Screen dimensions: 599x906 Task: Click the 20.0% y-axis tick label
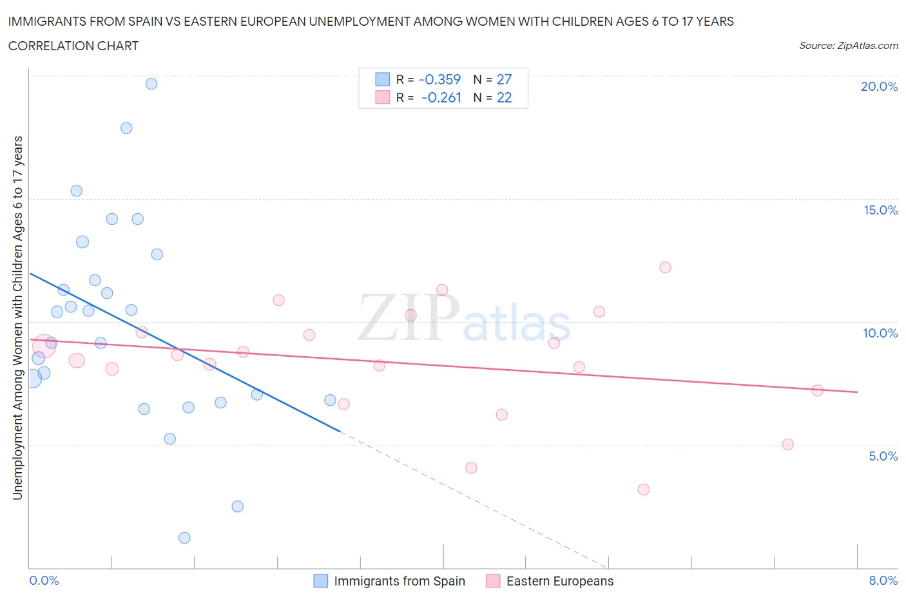(879, 86)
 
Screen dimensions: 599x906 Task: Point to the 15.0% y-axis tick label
(880, 210)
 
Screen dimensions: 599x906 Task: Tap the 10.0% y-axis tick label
(880, 333)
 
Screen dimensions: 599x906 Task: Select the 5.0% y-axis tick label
(883, 456)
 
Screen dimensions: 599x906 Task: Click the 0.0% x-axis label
(44, 580)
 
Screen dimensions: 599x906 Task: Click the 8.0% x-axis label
(883, 580)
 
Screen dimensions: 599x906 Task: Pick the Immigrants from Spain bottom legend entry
(399, 581)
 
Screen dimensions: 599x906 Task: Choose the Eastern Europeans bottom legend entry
(559, 581)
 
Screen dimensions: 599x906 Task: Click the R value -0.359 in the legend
(439, 79)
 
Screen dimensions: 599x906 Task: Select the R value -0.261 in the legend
(441, 97)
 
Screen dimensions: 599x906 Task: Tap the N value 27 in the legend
(504, 79)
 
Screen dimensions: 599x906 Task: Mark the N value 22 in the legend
(504, 97)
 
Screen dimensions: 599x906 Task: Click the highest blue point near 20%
(151, 84)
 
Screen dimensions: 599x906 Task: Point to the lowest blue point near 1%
(184, 538)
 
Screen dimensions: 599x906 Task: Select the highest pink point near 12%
(665, 267)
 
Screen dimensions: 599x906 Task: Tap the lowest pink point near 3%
(643, 490)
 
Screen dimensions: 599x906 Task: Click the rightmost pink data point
(817, 390)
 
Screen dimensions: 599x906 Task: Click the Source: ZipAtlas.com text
(848, 45)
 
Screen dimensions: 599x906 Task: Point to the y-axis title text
(17, 318)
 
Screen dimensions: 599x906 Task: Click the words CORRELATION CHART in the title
(73, 46)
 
